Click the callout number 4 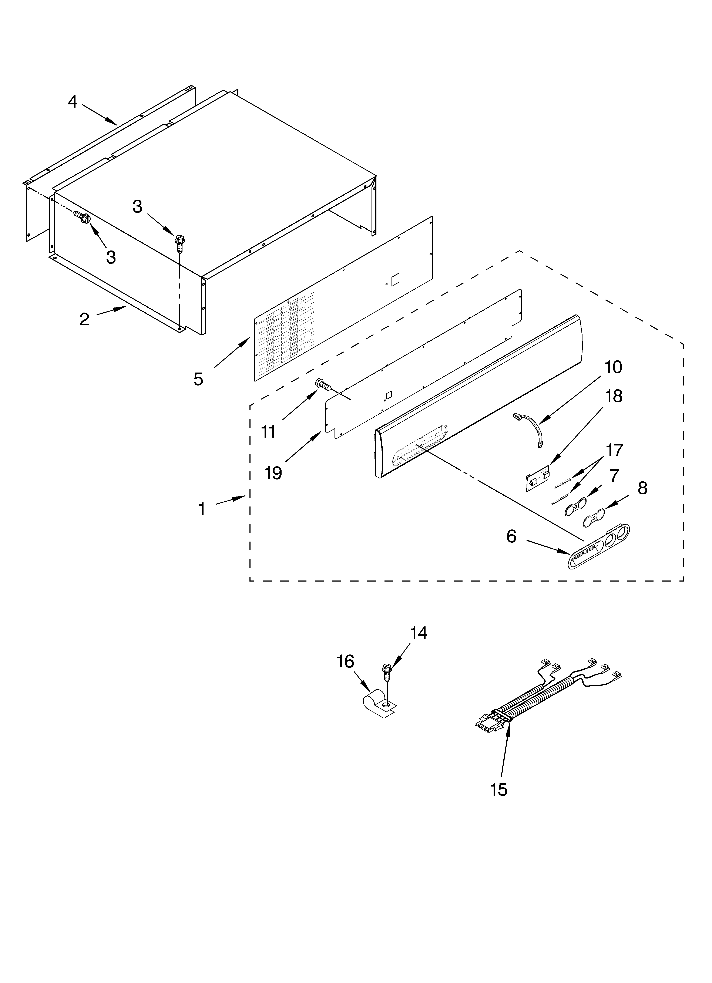pyautogui.click(x=73, y=102)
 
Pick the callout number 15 pyautogui.click(x=499, y=790)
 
